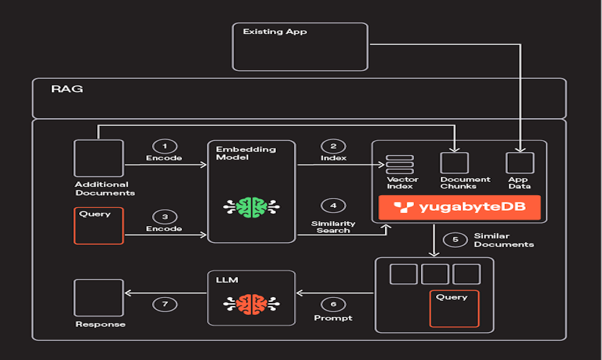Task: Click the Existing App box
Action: click(x=300, y=47)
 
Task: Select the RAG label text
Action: click(x=67, y=89)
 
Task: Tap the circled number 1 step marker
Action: click(x=164, y=146)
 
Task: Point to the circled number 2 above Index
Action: click(x=333, y=146)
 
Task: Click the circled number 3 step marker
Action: click(x=164, y=217)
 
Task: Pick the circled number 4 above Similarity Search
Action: click(x=333, y=206)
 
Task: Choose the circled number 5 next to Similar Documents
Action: click(x=455, y=239)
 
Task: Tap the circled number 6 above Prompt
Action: click(x=333, y=304)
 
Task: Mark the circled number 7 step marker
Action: click(x=165, y=304)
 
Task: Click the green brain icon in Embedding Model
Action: click(x=251, y=207)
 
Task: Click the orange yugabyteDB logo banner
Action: click(x=459, y=207)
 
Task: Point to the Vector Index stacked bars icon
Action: click(x=400, y=164)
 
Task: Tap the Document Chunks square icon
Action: click(x=454, y=163)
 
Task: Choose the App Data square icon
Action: click(x=520, y=163)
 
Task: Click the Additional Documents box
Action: click(x=99, y=158)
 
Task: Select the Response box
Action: click(x=99, y=297)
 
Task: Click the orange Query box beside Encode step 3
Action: click(x=99, y=225)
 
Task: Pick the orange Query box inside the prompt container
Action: click(x=454, y=308)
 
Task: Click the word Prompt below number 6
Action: click(x=333, y=318)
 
